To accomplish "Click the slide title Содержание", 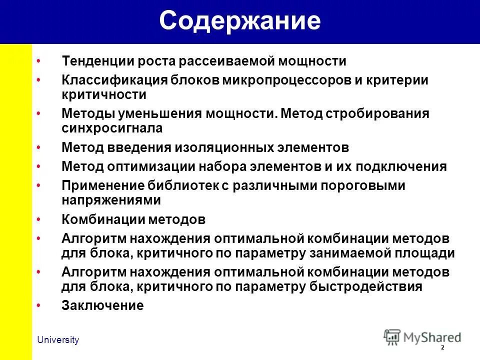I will pos(239,21).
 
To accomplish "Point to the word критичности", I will pos(103,94).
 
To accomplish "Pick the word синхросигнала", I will pos(112,127).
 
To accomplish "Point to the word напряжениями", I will pos(111,200).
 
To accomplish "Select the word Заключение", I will pos(102,305).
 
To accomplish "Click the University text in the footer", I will pos(58,340).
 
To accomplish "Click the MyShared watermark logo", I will pos(422,336).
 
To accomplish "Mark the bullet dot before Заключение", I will pos(39,304).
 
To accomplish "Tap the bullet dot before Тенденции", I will pos(39,60).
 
